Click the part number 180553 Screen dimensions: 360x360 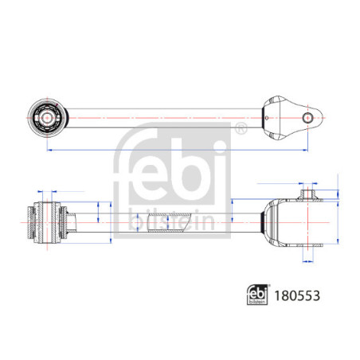pos(297,295)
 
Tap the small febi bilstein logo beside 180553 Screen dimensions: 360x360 pos(257,295)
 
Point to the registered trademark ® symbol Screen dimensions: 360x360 pos(241,128)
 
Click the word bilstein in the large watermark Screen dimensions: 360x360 pos(172,221)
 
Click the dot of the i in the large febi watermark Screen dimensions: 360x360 pos(220,146)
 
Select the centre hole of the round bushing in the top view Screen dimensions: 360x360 pos(47,118)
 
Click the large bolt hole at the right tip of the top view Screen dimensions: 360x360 pos(307,118)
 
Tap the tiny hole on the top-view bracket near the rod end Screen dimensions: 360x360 pos(267,118)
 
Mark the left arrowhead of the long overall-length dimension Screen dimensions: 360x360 pos(49,151)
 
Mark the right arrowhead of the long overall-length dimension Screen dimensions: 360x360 pos(305,151)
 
